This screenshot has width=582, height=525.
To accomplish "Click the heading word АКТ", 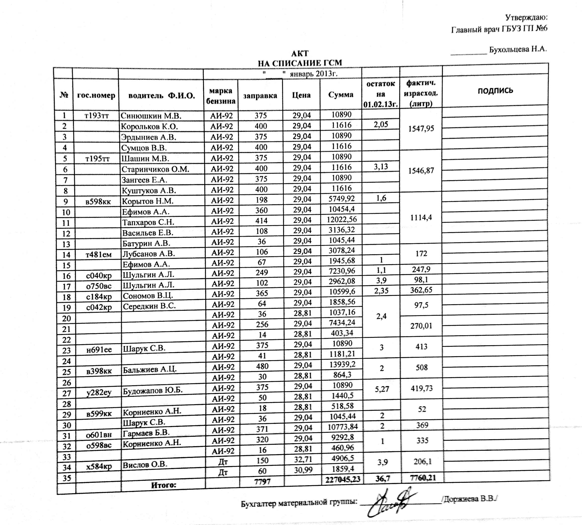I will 300,53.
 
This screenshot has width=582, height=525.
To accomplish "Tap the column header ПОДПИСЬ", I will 495,90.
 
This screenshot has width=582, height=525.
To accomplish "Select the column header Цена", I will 301,95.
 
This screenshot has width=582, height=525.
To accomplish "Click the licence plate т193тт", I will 96,116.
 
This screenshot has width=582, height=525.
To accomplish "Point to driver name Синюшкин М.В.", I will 151,116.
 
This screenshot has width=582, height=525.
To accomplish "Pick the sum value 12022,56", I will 342,219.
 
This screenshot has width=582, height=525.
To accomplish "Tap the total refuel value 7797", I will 262,481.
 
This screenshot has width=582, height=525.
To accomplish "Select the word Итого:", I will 163,485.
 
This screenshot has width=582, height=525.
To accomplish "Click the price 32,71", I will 303,459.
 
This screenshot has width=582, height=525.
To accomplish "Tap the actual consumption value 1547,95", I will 421,129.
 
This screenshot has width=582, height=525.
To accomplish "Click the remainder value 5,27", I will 382,389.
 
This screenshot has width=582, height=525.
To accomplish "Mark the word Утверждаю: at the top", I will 526,18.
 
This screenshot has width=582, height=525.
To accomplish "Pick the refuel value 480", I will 262,366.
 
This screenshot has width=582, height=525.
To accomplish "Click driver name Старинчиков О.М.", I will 155,169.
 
